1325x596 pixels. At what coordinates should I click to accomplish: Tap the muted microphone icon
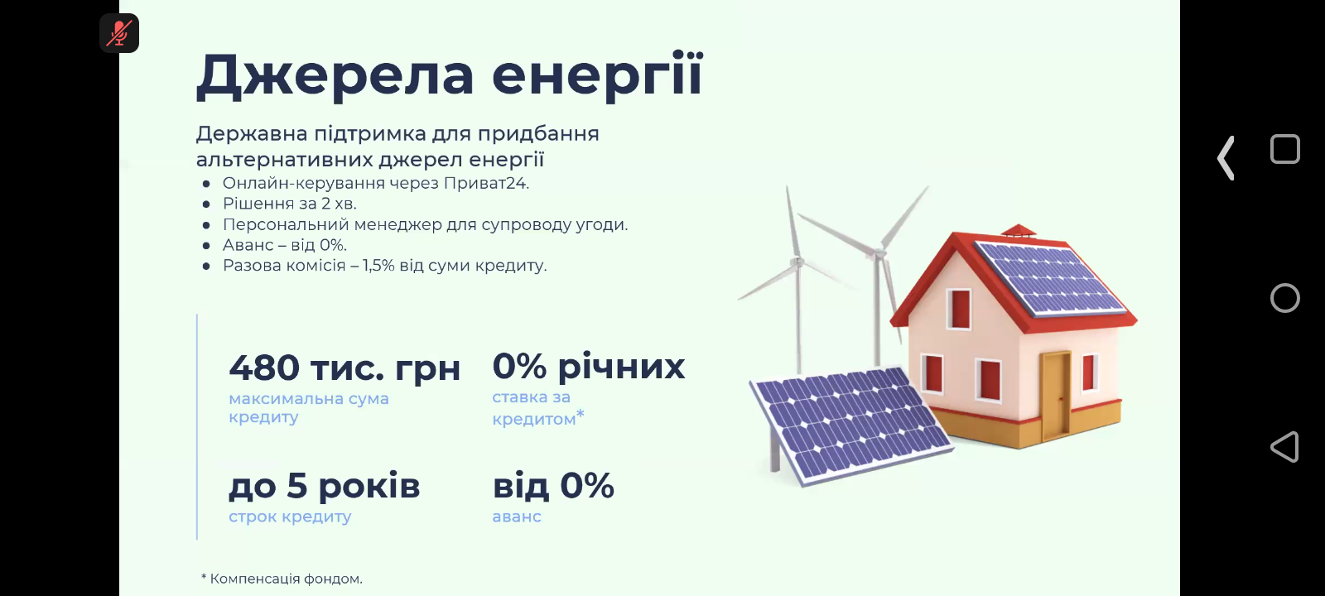tap(119, 33)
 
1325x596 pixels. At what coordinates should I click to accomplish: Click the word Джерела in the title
tap(335, 75)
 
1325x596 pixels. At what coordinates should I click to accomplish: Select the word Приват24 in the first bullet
tap(486, 183)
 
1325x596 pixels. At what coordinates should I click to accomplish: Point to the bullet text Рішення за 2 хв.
tap(290, 204)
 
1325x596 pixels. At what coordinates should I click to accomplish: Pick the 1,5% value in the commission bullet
tap(378, 266)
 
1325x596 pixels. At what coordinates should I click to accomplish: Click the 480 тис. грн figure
tap(344, 368)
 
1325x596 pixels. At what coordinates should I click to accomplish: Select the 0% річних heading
tap(589, 366)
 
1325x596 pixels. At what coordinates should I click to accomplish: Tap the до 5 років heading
tap(324, 486)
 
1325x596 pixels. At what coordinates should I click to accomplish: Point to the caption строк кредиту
tap(290, 517)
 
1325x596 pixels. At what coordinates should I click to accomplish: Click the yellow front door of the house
tap(1056, 394)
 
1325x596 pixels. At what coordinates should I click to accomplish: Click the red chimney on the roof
tap(1018, 231)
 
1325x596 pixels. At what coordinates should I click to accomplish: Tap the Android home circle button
tap(1284, 298)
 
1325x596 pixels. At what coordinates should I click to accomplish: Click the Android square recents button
tap(1284, 149)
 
